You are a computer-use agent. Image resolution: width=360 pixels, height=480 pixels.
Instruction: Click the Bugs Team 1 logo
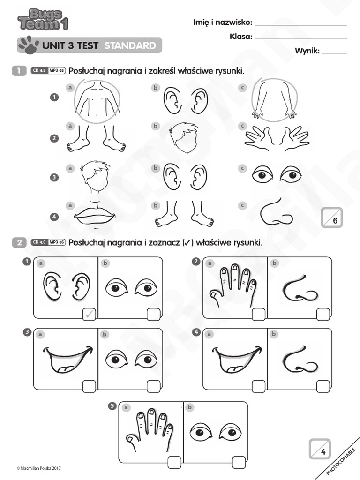point(43,20)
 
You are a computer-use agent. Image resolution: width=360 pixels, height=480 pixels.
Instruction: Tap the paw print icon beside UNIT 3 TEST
point(29,45)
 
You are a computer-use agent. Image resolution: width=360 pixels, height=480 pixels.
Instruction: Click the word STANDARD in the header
point(130,45)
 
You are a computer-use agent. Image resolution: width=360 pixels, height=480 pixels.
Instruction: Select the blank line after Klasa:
point(301,39)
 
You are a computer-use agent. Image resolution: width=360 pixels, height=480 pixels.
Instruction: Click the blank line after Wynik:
point(335,53)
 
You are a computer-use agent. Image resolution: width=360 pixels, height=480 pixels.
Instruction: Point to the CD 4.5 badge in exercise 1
point(39,71)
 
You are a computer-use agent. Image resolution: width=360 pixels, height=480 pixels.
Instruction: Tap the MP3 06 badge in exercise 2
point(57,242)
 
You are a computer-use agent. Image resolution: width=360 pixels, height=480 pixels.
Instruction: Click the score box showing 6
point(332,217)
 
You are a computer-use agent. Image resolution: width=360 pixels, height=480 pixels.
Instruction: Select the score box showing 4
point(320,449)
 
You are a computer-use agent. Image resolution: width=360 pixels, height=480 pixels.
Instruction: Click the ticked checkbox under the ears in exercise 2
point(89,314)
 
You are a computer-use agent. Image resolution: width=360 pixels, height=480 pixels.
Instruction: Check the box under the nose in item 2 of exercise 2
point(323,315)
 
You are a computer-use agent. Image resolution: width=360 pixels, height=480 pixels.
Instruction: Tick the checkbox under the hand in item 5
point(174,462)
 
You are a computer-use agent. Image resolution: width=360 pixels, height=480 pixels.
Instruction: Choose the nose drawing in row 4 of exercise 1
point(276,212)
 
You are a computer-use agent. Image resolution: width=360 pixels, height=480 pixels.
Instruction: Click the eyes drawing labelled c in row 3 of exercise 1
point(277,174)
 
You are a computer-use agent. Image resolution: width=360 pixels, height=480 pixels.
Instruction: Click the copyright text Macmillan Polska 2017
point(39,468)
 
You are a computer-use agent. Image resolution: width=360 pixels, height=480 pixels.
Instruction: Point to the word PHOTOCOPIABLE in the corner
point(341,462)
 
